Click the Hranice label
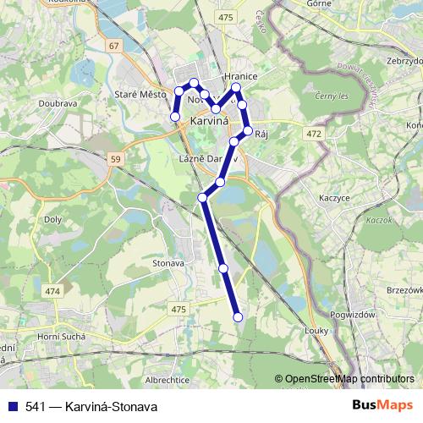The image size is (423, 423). tap(240, 76)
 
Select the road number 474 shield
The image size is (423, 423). tap(54, 291)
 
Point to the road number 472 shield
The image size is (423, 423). tap(316, 133)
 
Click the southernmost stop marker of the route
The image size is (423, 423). tap(238, 317)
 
